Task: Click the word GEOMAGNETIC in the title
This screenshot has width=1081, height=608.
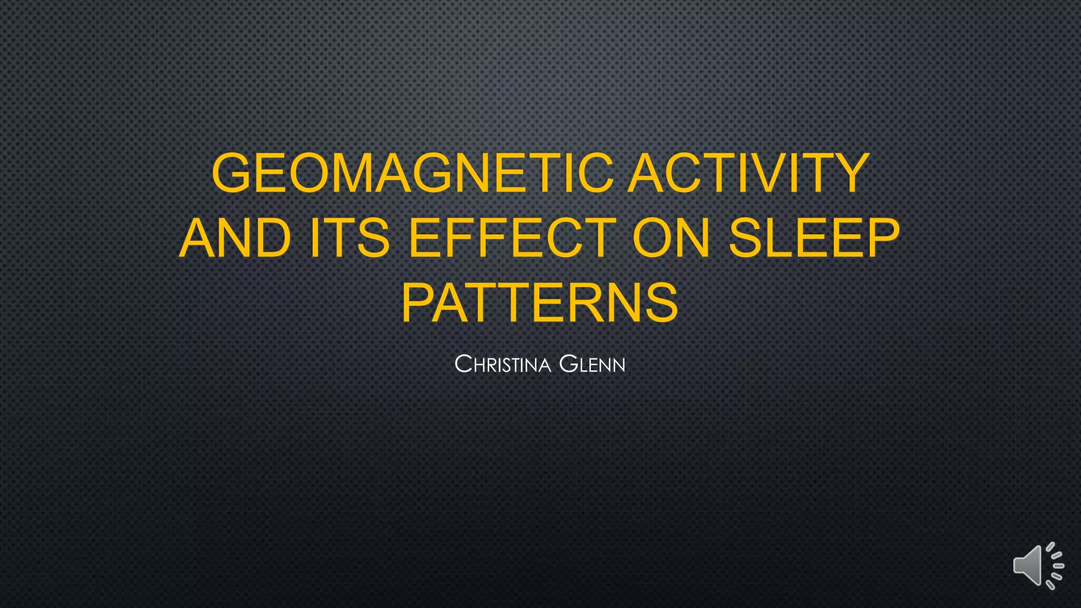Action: point(412,173)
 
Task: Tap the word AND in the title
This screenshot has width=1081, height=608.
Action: point(235,238)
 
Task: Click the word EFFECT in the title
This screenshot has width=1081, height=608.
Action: point(513,238)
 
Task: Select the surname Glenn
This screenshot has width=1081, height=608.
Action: point(592,364)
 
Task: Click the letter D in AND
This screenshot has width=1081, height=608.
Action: point(271,238)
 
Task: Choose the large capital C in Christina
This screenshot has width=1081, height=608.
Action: point(463,364)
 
